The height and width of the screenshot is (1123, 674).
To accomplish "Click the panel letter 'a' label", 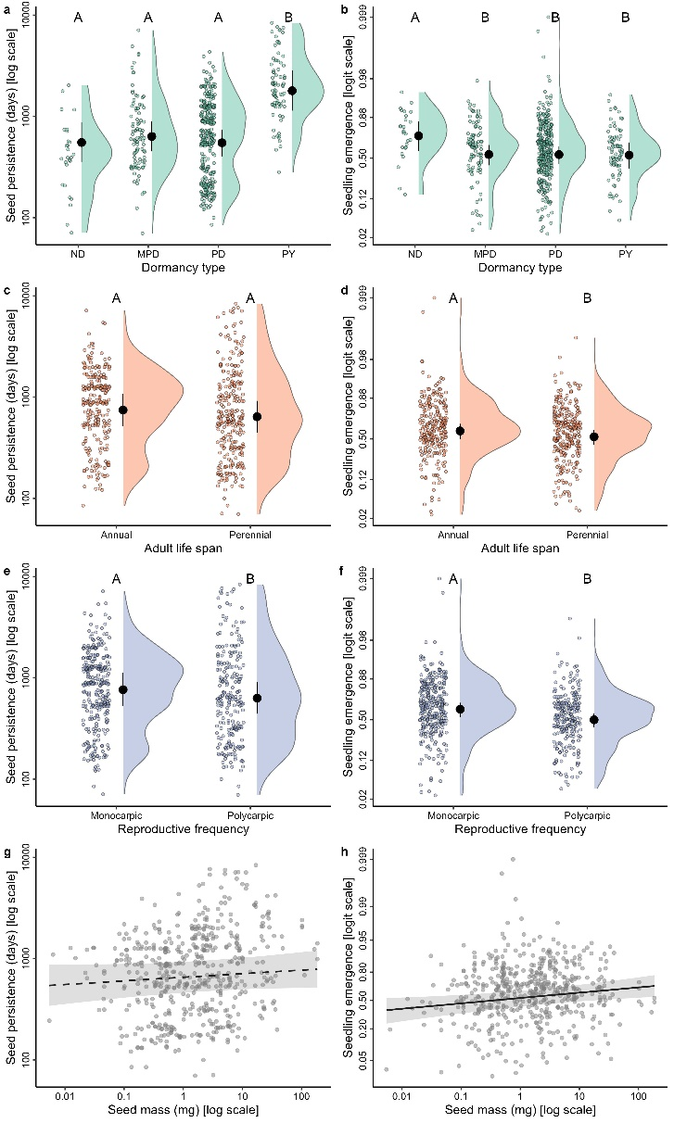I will pyautogui.click(x=7, y=8).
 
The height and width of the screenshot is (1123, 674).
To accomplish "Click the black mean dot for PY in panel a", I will pyautogui.click(x=292, y=90).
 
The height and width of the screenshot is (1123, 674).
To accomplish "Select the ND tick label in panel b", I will pyautogui.click(x=418, y=253).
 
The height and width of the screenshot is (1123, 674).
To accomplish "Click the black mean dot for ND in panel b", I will pyautogui.click(x=418, y=136).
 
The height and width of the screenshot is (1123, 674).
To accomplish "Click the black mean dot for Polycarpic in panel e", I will pyautogui.click(x=257, y=698).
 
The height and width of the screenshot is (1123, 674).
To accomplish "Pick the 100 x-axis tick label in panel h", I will pyautogui.click(x=638, y=1095).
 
